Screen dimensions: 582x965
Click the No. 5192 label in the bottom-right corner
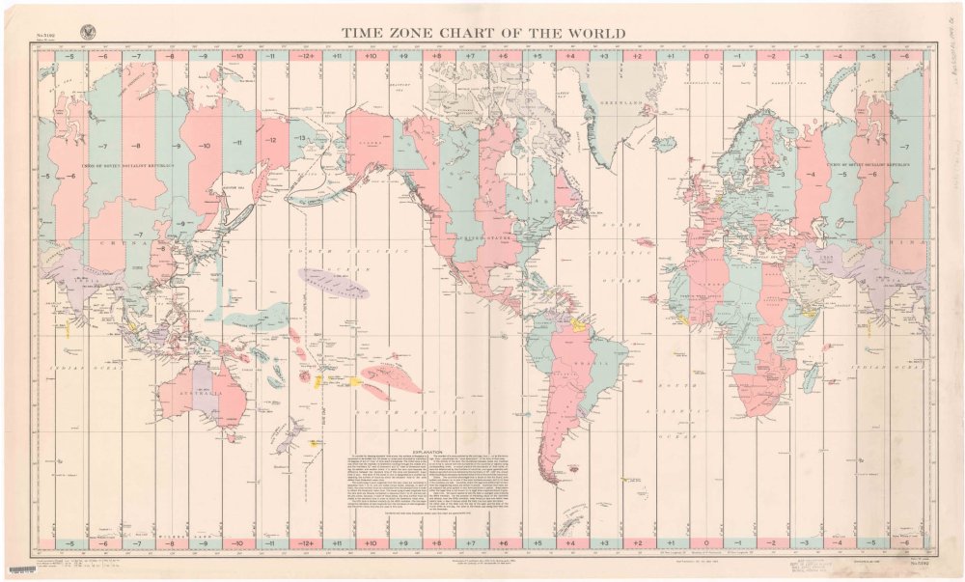pos(920,561)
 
